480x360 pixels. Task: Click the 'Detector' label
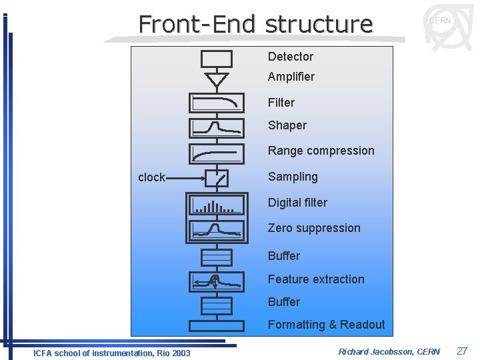290,57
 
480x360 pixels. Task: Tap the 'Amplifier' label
291,77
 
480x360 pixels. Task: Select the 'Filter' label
281,103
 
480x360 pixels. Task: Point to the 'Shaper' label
287,125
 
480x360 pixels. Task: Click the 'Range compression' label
321,151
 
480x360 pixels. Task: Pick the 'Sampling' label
292,177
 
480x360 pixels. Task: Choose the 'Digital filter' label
297,203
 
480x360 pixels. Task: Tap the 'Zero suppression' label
313,228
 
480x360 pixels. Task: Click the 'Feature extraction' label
316,279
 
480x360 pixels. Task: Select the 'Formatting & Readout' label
326,325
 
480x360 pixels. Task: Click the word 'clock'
151,177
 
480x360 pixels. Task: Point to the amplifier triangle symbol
217,80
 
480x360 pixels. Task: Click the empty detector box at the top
217,59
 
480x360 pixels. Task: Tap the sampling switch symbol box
217,178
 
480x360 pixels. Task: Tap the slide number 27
462,351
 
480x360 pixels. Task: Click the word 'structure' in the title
318,24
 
